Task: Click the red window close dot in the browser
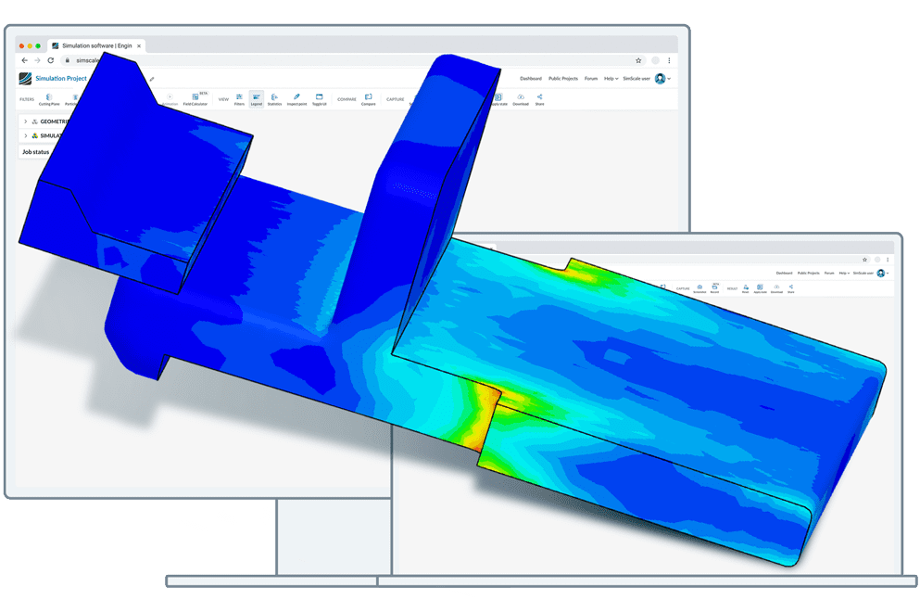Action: click(x=20, y=45)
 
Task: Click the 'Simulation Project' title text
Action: click(x=61, y=79)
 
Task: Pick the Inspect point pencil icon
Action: click(x=296, y=98)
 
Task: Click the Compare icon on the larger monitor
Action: click(x=368, y=98)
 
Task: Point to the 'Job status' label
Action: click(x=35, y=152)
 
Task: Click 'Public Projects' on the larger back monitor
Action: click(x=562, y=79)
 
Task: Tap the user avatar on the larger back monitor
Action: click(x=660, y=79)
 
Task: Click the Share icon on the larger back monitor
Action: click(x=539, y=98)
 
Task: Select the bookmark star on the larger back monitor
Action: click(x=638, y=60)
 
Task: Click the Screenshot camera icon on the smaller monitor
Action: click(x=699, y=288)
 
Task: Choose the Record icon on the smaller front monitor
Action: click(x=714, y=288)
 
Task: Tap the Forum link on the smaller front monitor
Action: click(x=829, y=274)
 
